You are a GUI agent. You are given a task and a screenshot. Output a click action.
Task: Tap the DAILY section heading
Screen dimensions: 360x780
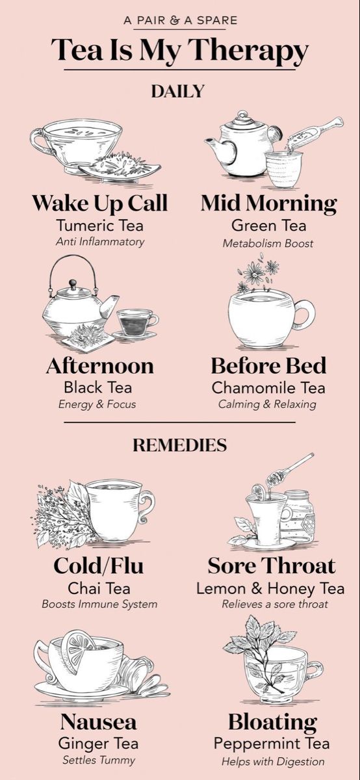click(x=177, y=91)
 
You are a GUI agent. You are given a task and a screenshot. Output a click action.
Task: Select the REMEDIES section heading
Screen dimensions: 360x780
click(x=179, y=445)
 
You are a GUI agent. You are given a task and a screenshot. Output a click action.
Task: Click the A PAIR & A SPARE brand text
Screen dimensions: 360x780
click(x=181, y=20)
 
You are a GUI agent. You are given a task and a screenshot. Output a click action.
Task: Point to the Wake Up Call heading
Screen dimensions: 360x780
click(x=100, y=203)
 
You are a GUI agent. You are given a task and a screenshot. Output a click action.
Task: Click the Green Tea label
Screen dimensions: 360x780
click(x=269, y=226)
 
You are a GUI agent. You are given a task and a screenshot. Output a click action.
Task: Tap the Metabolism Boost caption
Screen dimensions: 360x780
click(x=268, y=243)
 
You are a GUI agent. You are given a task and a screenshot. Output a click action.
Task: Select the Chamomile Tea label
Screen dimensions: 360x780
click(x=268, y=387)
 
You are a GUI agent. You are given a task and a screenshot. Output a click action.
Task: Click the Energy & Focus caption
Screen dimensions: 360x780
click(x=97, y=404)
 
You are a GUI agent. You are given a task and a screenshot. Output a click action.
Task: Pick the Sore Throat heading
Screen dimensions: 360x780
click(x=272, y=565)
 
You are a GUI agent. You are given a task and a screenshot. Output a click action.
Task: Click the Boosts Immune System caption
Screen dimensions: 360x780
click(x=99, y=604)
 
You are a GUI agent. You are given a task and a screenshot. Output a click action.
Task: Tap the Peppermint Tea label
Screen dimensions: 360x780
click(x=272, y=744)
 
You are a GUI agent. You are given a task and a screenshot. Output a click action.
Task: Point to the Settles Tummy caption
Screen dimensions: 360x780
click(x=99, y=760)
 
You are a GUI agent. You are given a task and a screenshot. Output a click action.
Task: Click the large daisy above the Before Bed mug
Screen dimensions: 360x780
click(x=254, y=274)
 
